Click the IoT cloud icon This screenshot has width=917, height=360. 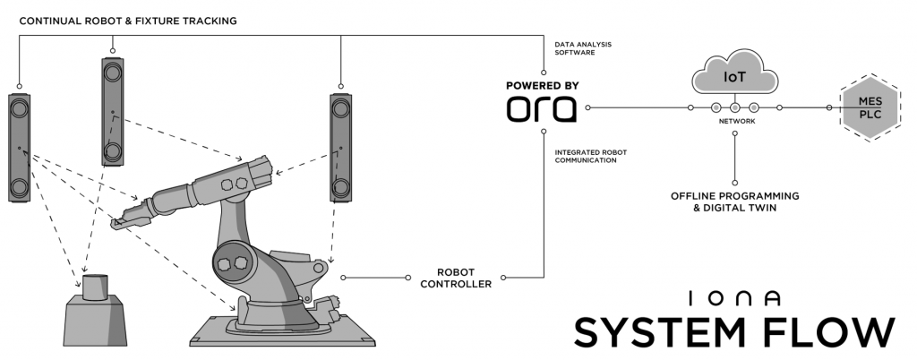tap(734, 77)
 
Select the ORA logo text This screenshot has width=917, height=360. tap(542, 109)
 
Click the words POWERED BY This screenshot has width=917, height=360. tap(542, 86)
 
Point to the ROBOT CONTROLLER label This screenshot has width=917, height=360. tap(464, 277)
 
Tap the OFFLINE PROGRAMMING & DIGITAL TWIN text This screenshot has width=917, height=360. tap(734, 201)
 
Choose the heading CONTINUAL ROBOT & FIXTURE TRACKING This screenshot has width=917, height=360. tap(127, 20)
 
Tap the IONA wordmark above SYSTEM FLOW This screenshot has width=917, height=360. tap(734, 297)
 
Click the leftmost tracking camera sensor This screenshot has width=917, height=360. tap(19, 148)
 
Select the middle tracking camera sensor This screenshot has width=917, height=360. tap(112, 111)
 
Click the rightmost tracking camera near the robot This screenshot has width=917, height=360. tap(340, 148)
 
